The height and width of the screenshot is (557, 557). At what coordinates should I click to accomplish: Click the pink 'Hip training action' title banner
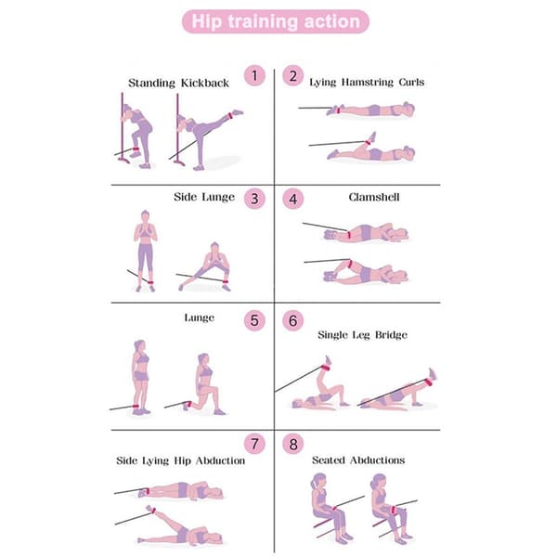click(276, 21)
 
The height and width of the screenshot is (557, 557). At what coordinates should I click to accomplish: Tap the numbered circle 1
click(254, 76)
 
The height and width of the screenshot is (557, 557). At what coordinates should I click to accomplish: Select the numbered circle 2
click(293, 76)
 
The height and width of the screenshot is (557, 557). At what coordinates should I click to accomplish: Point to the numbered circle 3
click(254, 199)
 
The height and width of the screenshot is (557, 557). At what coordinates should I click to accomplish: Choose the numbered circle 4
click(293, 199)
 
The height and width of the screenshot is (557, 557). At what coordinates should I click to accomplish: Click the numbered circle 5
click(254, 320)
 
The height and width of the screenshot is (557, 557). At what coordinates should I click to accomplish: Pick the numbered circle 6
click(293, 320)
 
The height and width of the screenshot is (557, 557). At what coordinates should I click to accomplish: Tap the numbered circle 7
click(254, 444)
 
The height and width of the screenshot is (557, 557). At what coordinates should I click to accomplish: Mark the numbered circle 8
click(293, 444)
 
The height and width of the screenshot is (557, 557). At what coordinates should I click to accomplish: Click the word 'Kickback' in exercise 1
click(205, 84)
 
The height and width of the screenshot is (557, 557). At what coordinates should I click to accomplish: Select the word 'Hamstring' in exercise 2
click(368, 83)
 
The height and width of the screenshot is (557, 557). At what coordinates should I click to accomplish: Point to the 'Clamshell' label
click(374, 197)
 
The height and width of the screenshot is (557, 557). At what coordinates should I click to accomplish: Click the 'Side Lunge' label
click(204, 197)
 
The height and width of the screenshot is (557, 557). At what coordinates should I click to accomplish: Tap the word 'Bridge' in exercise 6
click(391, 335)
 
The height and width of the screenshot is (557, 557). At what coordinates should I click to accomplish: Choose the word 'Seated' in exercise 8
click(329, 460)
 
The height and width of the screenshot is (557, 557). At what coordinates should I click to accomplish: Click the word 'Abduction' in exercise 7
click(220, 460)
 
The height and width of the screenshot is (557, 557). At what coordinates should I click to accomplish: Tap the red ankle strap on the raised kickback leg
click(230, 116)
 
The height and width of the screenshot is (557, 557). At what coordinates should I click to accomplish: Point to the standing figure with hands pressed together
click(146, 251)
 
